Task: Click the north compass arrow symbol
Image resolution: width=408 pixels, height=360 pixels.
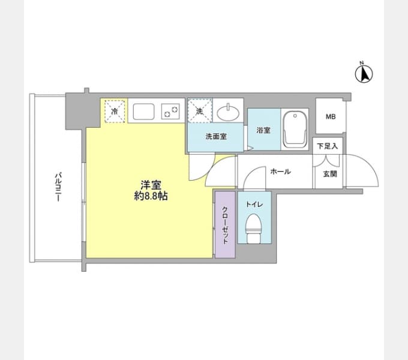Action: pos(364,73)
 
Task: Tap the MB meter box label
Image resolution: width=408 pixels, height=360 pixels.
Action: pos(331,117)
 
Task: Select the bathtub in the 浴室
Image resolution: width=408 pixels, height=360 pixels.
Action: pos(295,129)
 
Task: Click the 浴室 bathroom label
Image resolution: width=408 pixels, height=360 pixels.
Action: pos(263,130)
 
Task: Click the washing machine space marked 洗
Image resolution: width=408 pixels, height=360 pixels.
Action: pos(200,111)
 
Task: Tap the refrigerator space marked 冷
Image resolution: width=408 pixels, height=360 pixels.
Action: pos(115,111)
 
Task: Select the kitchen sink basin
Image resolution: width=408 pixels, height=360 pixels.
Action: pos(143,112)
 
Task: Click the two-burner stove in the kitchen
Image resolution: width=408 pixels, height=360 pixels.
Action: pos(170,112)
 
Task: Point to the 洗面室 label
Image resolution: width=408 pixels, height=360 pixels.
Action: pos(216,136)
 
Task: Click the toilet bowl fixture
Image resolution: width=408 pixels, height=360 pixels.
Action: pos(254,229)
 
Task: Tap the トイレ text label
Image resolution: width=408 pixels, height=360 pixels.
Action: pos(254,205)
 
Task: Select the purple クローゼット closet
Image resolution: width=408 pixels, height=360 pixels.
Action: pos(225,225)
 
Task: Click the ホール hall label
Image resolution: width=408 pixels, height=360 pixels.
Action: pos(280,172)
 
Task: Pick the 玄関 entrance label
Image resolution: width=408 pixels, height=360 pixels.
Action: pos(330,174)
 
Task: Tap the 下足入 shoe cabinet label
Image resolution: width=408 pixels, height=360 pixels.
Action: pos(328,146)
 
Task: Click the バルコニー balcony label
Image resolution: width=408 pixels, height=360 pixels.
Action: pos(58,187)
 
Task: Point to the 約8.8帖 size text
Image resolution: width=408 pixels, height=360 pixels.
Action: pos(151,196)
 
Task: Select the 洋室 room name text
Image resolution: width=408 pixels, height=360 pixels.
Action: pos(151,185)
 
